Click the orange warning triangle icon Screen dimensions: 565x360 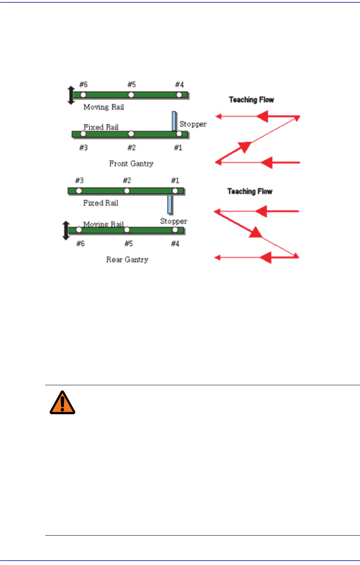click(x=62, y=402)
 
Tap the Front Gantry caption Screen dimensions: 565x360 click(x=131, y=163)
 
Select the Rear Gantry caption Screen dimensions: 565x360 click(x=127, y=259)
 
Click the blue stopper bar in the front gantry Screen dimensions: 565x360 click(x=174, y=121)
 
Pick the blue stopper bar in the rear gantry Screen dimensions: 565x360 click(x=170, y=204)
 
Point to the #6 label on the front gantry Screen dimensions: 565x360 click(x=83, y=85)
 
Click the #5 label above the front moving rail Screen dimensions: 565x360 click(x=131, y=85)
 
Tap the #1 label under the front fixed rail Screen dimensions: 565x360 click(x=178, y=148)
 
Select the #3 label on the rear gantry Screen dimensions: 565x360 click(x=79, y=181)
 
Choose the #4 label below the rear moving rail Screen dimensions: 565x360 click(x=175, y=244)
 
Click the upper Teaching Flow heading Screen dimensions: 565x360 click(x=252, y=100)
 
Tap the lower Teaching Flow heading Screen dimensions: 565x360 click(x=250, y=192)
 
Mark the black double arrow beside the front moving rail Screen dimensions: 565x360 click(x=71, y=95)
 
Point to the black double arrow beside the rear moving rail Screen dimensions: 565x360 click(x=66, y=231)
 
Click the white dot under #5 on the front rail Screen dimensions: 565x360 click(x=131, y=95)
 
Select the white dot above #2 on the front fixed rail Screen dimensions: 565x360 click(x=131, y=134)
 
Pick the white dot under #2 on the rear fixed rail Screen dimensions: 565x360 click(x=127, y=191)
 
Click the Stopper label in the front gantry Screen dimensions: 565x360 click(x=193, y=124)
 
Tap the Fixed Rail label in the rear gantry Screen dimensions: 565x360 click(x=101, y=203)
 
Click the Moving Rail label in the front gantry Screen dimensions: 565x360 click(x=104, y=107)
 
